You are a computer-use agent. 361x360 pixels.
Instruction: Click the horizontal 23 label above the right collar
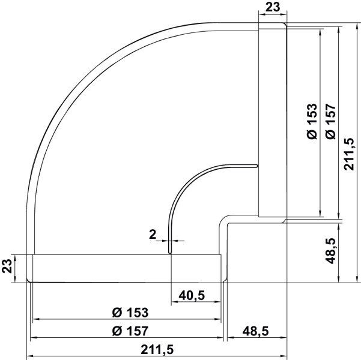(272, 8)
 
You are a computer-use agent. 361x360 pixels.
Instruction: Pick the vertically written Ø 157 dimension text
(329, 122)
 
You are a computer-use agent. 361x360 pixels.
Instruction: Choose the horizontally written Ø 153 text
(130, 312)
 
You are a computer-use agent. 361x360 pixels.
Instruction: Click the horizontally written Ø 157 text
(130, 330)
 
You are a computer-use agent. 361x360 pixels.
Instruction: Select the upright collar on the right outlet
(272, 120)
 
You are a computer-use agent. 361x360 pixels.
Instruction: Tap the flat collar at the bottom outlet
(126, 268)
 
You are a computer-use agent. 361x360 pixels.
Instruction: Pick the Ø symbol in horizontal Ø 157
(117, 330)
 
